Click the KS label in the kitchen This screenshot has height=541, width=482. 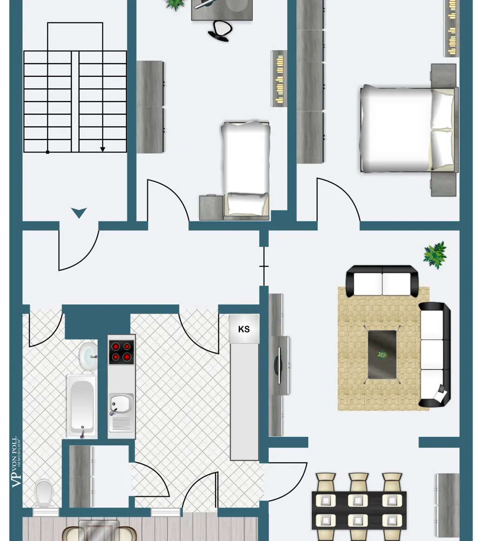244,329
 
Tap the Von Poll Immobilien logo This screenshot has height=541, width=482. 16,461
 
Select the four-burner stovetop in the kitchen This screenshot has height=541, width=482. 121,352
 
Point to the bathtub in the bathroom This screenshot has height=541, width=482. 82,405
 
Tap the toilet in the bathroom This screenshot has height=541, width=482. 43,493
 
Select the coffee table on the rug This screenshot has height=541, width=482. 382,354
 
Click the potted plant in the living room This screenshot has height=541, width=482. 435,255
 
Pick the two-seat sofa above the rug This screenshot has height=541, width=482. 382,282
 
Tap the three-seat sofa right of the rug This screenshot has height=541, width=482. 434,354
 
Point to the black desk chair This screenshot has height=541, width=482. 219,31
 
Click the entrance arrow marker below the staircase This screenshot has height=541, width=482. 79,213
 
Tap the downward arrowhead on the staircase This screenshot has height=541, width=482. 103,149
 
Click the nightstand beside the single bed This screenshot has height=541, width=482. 211,207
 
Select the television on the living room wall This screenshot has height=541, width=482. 279,365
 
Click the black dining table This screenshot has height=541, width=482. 359,509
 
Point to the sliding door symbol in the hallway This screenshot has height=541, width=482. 264,266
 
